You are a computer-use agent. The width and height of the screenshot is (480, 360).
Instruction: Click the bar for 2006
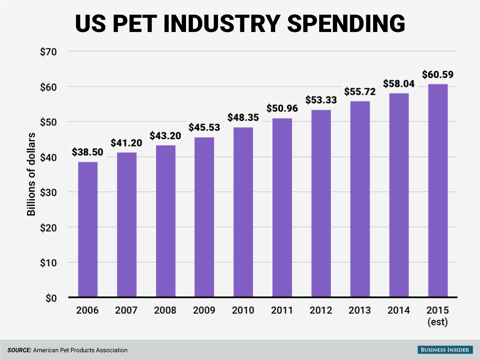(x=88, y=230)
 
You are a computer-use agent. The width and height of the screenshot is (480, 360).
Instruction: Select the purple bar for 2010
(x=243, y=212)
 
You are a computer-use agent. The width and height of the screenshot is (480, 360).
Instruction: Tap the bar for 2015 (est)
(x=438, y=191)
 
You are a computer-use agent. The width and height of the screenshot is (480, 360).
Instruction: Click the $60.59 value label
(x=438, y=75)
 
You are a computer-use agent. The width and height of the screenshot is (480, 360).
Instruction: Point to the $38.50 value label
(x=88, y=152)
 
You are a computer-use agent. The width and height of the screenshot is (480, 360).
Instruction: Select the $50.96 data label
(x=282, y=108)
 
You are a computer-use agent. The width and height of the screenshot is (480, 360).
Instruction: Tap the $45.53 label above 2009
(x=204, y=128)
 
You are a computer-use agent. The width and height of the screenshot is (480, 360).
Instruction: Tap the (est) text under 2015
(x=438, y=322)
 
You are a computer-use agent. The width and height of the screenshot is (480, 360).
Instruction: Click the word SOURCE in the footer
(x=19, y=350)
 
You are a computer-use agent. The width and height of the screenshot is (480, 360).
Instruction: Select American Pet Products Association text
(x=80, y=350)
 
